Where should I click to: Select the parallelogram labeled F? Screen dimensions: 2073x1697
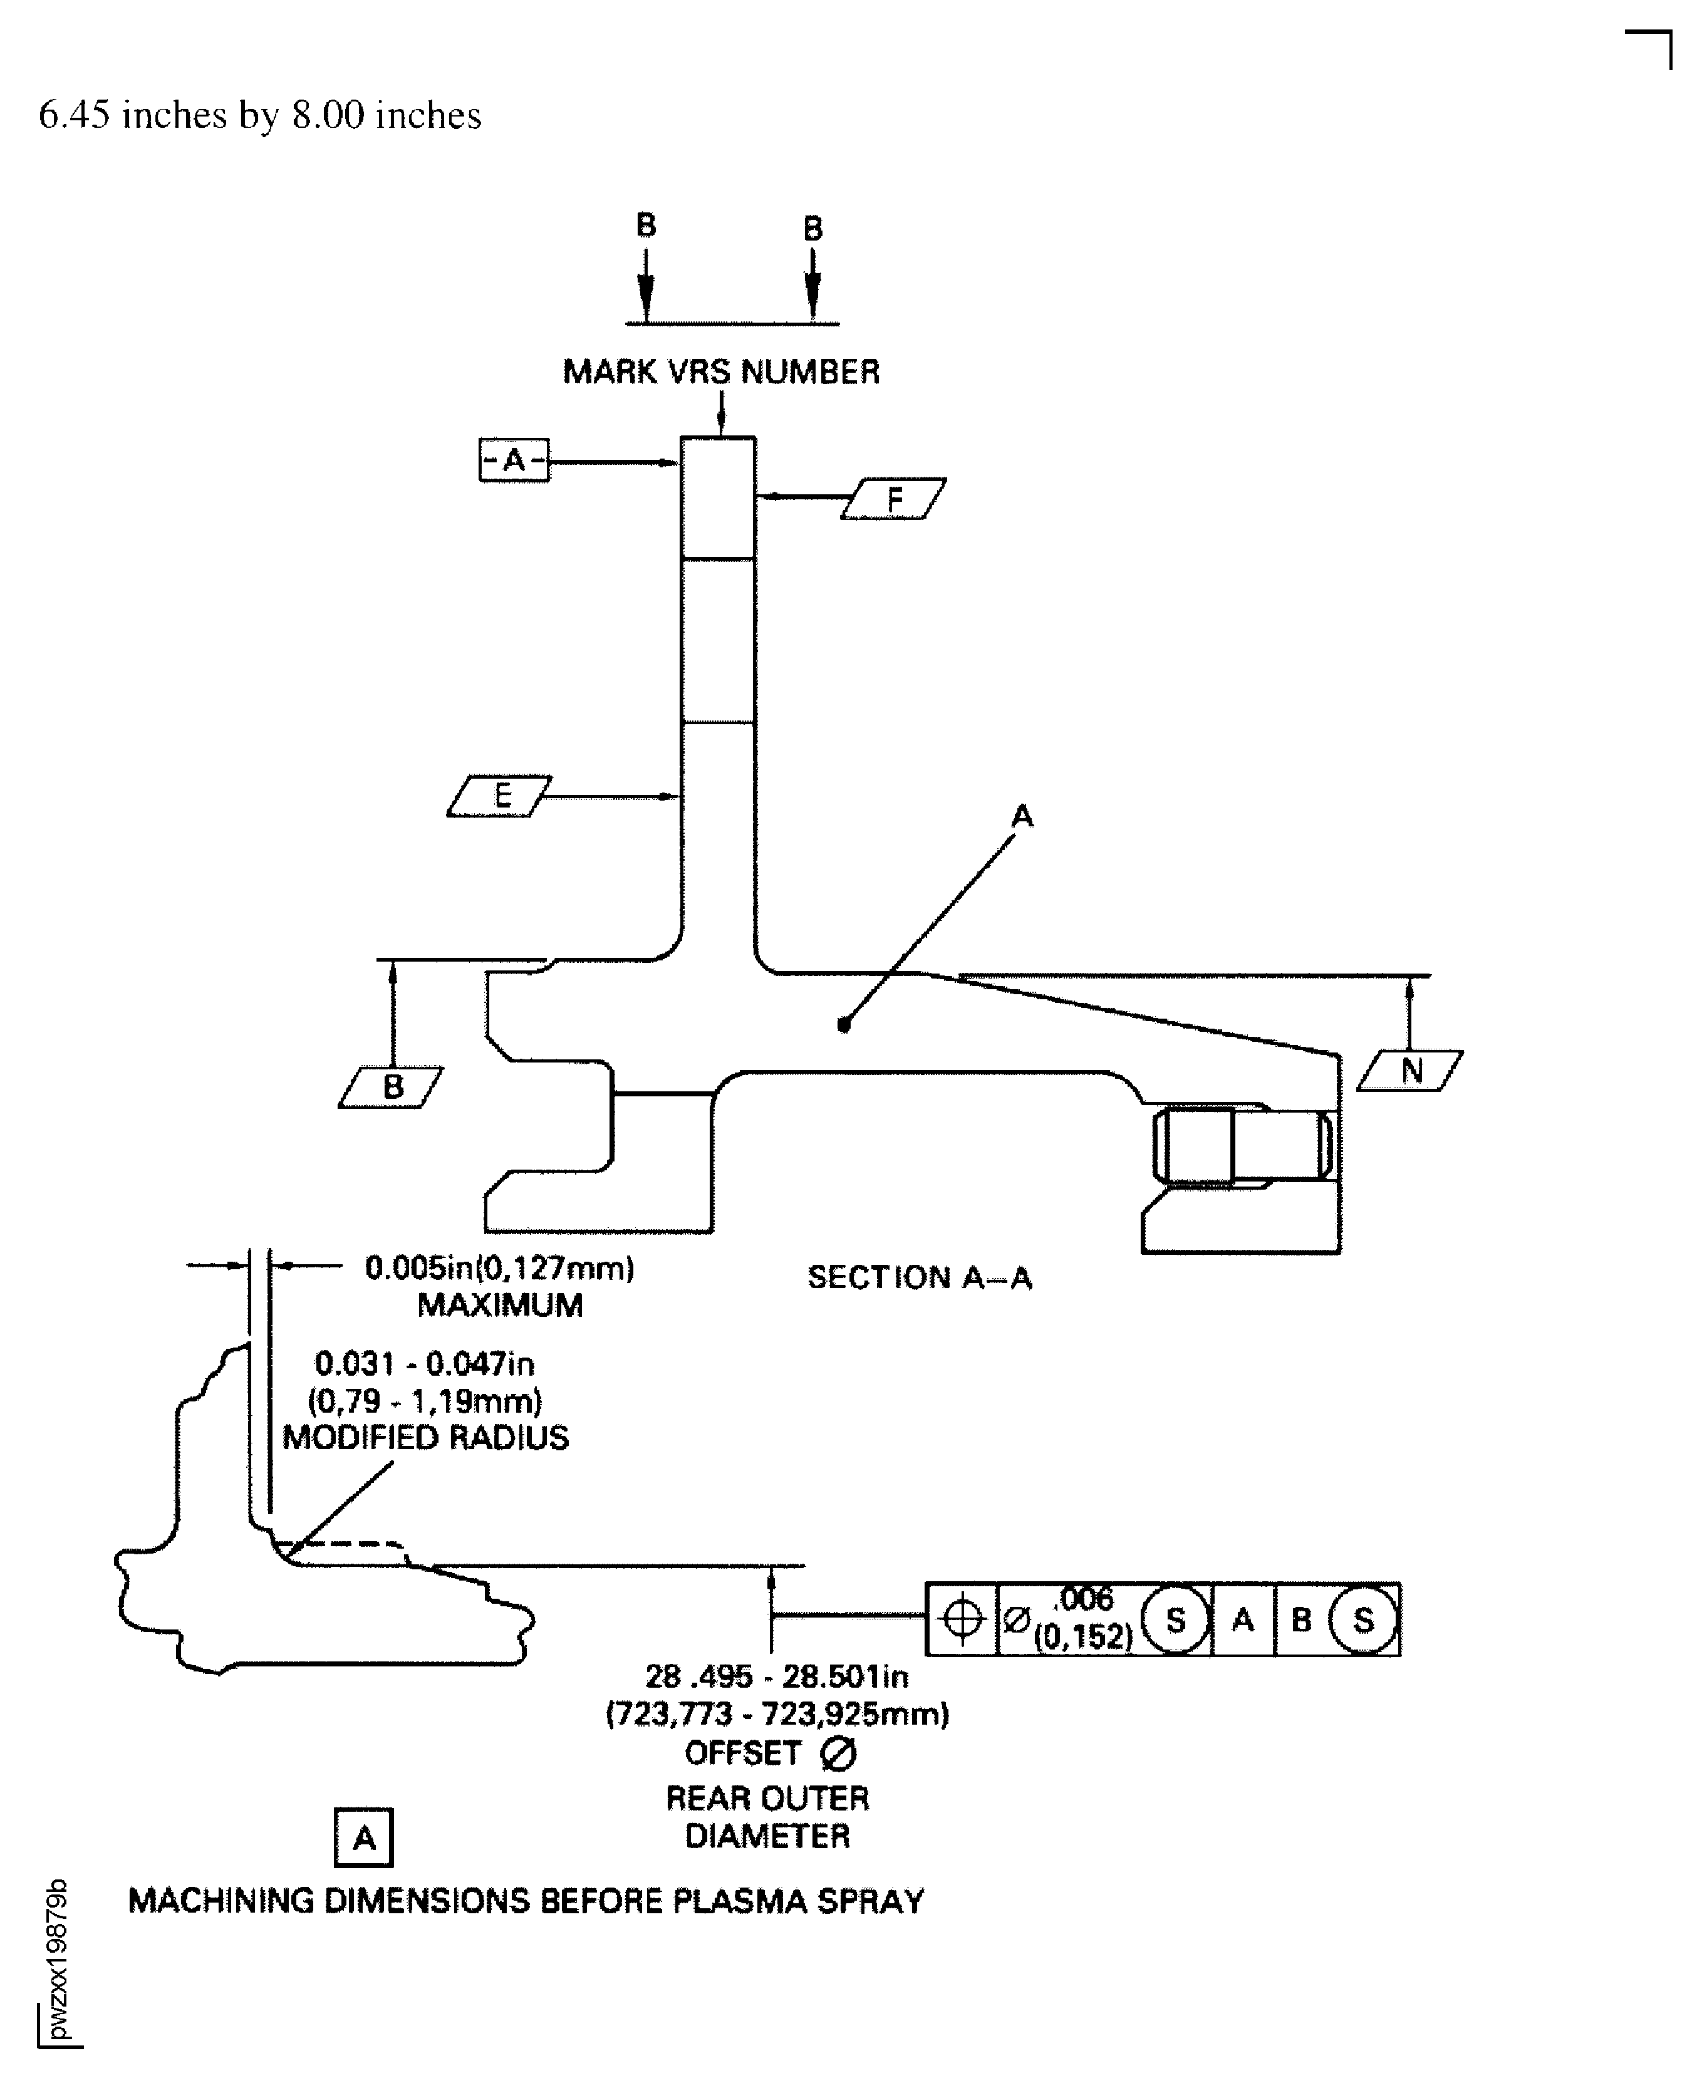(893, 499)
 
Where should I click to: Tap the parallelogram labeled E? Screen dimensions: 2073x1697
(499, 796)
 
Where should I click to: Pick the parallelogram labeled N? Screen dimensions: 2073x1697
(1411, 1071)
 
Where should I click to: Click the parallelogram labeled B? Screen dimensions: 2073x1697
(391, 1087)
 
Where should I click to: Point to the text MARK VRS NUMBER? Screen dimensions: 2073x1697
(722, 372)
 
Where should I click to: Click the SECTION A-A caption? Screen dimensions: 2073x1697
(920, 1277)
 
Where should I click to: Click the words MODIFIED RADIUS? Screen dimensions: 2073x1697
(425, 1438)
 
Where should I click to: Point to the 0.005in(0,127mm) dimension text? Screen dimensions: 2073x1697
(499, 1269)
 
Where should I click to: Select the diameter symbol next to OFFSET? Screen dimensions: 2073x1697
(838, 1753)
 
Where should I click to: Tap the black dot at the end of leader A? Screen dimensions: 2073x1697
(844, 1026)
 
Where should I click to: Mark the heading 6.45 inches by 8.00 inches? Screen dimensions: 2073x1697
(260, 115)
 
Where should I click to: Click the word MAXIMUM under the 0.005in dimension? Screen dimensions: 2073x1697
(499, 1306)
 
